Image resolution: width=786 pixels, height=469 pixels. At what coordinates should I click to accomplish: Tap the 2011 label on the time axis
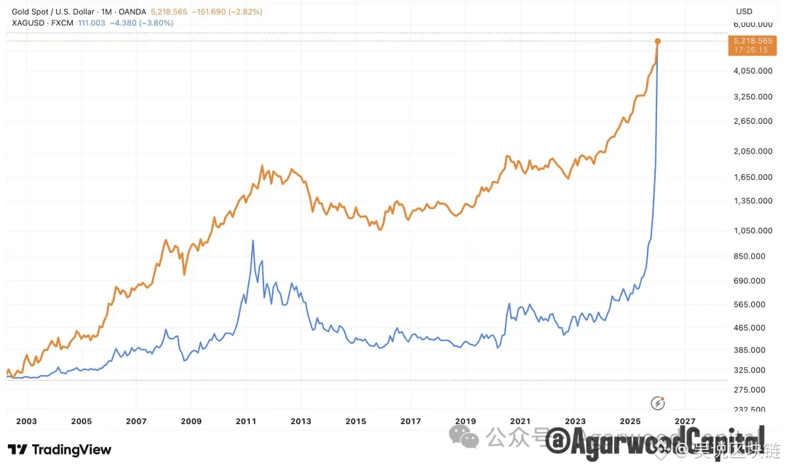(x=246, y=421)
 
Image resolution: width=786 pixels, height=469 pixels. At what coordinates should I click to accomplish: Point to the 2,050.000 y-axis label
(x=754, y=151)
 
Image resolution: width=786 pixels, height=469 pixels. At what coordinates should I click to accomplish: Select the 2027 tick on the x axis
(x=684, y=421)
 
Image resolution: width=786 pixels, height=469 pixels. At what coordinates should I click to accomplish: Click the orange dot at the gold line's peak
(x=657, y=41)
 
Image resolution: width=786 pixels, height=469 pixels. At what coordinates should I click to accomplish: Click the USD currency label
(x=745, y=12)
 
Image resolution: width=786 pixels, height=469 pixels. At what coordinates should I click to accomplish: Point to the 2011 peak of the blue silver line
(x=253, y=241)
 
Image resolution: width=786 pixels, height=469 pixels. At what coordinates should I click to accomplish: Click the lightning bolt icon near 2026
(x=658, y=403)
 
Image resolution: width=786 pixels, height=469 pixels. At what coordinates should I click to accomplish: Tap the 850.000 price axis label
(x=754, y=256)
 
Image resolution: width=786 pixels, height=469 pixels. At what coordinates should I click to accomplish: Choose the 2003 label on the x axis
(x=26, y=421)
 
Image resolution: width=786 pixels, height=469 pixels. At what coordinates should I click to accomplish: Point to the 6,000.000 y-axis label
(x=754, y=25)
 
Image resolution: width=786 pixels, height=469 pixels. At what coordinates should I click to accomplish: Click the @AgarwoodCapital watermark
(x=655, y=441)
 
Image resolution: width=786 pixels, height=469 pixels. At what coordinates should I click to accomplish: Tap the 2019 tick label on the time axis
(x=465, y=421)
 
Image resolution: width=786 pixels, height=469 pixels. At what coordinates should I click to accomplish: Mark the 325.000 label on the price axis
(x=754, y=370)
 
